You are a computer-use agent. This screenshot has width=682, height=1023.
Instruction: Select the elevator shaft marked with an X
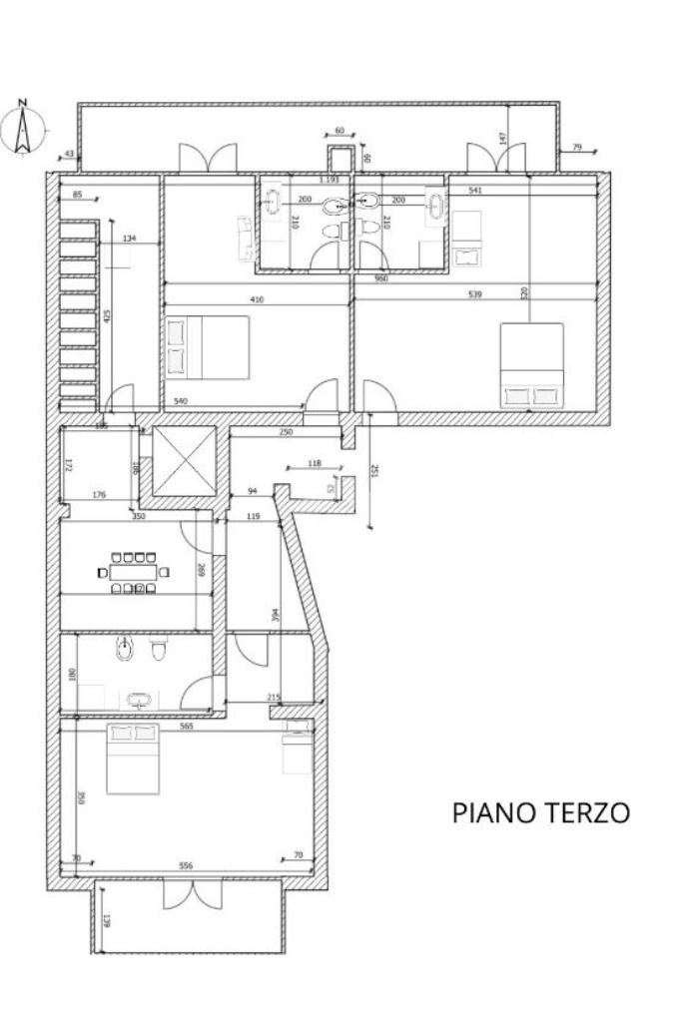[184, 461]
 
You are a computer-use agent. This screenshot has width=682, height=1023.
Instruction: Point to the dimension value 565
[186, 727]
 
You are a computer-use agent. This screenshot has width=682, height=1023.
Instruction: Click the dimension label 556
[186, 865]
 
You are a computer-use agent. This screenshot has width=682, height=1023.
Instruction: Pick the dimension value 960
[380, 278]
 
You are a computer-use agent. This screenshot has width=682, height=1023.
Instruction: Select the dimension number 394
[276, 616]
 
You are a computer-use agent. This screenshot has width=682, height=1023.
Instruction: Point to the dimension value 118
[314, 463]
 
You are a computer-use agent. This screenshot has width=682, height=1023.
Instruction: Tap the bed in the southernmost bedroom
[133, 759]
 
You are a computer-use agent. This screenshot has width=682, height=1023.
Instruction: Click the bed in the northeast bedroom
[531, 364]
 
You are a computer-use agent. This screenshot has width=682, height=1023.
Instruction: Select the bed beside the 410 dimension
[206, 347]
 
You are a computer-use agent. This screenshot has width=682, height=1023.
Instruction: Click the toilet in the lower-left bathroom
[158, 652]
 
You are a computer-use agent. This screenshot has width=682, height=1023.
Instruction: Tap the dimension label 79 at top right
[576, 148]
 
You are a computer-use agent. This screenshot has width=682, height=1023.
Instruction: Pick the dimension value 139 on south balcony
[106, 919]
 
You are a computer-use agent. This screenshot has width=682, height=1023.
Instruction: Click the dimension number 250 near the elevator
[286, 432]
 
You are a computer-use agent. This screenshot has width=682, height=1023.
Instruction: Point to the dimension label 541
[475, 190]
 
